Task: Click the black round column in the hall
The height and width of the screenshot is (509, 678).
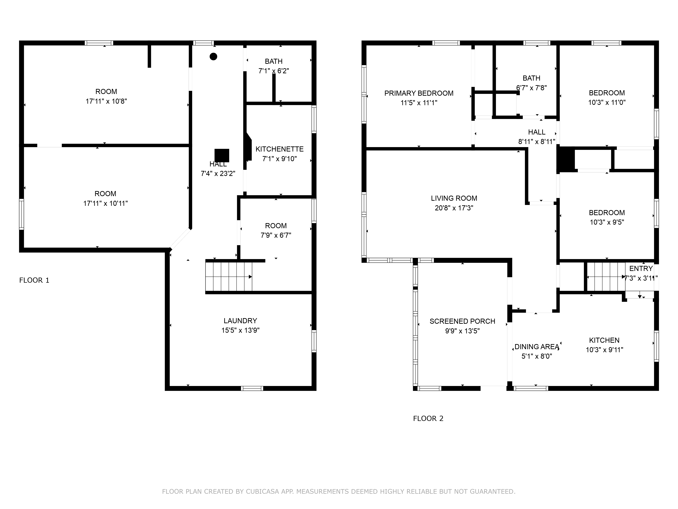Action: click(213, 56)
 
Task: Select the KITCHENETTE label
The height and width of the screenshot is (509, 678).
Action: click(280, 149)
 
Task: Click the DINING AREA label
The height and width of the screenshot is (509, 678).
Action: click(537, 347)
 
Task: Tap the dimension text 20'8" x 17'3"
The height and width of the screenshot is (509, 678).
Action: click(454, 208)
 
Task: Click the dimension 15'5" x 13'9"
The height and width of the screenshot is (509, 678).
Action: click(240, 331)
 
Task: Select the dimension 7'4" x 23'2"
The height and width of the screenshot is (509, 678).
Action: click(218, 174)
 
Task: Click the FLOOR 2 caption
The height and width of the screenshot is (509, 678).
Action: click(428, 419)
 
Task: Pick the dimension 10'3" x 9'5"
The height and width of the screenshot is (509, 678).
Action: click(607, 222)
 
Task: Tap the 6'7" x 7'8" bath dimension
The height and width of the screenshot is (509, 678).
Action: click(532, 88)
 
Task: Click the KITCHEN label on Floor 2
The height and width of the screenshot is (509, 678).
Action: click(604, 340)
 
